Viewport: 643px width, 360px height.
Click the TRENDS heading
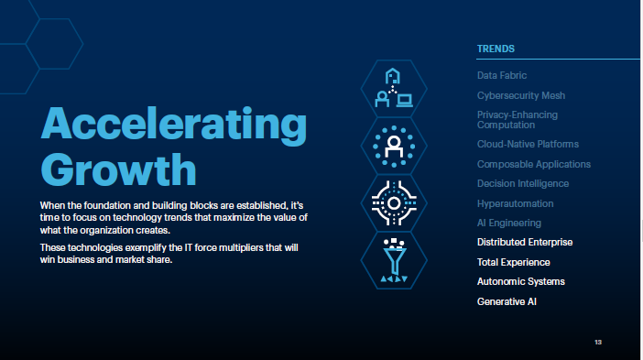496,49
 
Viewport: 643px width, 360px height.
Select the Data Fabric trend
502,75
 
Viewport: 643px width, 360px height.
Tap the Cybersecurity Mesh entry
521,95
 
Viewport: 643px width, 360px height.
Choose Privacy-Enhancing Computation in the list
518,120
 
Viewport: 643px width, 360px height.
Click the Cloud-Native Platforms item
528,145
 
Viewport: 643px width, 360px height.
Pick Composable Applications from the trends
533,164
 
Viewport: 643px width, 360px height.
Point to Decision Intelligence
523,184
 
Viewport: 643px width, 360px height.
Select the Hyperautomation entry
515,203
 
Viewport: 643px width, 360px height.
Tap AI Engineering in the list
509,223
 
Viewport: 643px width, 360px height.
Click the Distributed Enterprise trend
525,243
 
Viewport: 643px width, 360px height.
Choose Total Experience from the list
514,262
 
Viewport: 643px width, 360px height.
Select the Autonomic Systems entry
521,282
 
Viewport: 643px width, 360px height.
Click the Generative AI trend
507,301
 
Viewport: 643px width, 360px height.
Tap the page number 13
598,342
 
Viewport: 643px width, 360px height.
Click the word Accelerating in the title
174,125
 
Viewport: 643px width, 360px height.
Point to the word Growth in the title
118,169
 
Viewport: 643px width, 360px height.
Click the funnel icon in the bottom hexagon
394,260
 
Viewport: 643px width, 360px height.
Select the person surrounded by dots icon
394,147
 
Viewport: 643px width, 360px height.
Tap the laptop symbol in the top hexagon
404,101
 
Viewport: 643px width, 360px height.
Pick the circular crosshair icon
394,203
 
